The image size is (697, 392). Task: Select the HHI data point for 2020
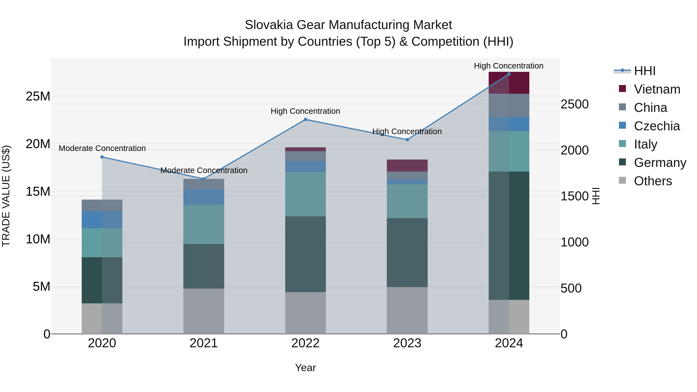tap(102, 157)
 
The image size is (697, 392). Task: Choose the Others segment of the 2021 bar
tap(203, 311)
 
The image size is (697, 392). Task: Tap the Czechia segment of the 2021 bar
tap(203, 197)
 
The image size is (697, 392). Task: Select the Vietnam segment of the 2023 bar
tap(407, 165)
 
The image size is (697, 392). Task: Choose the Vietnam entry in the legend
tap(657, 89)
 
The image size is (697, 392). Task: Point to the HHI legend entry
tap(645, 71)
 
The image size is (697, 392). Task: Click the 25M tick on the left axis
tap(38, 96)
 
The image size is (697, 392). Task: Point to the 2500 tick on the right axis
tap(574, 104)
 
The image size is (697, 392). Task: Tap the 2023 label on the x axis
tap(407, 343)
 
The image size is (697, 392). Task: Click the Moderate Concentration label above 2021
tap(204, 170)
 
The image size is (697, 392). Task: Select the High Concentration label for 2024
tap(508, 66)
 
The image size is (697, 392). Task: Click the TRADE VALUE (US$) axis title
tap(6, 196)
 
